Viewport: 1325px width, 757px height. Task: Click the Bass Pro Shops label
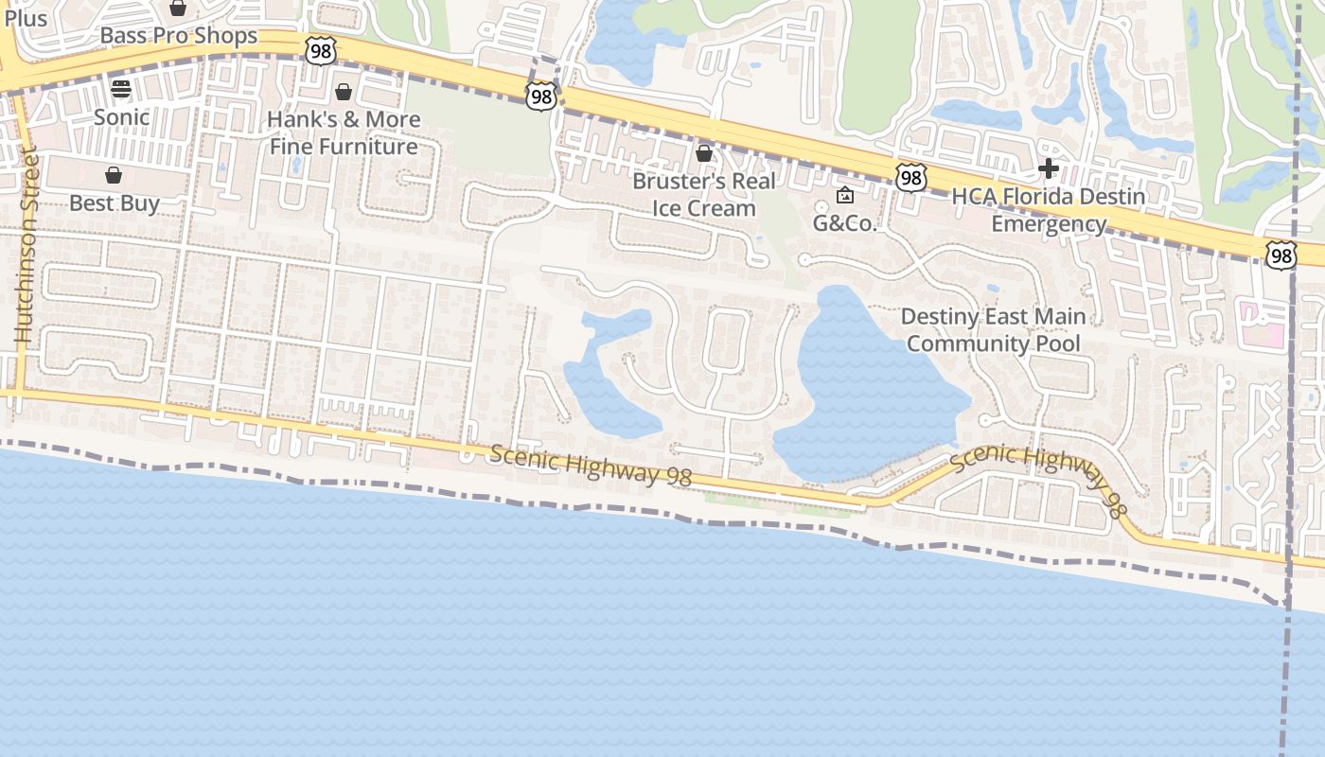click(x=178, y=36)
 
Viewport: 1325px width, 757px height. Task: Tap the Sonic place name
click(x=121, y=117)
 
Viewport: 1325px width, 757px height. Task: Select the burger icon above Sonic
click(x=121, y=89)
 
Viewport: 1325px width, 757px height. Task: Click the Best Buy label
click(x=114, y=203)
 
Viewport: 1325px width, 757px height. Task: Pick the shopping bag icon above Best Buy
click(x=114, y=175)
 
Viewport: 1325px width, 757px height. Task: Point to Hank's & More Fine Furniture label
click(x=344, y=133)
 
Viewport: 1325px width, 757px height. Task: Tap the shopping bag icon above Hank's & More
click(x=344, y=92)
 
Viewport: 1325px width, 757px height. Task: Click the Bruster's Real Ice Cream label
click(x=704, y=195)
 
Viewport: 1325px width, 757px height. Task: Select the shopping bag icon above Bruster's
click(x=704, y=152)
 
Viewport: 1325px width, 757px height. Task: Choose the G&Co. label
click(x=845, y=224)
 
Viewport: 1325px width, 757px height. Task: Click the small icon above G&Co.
click(x=845, y=196)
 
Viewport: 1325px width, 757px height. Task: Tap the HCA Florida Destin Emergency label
click(x=1048, y=210)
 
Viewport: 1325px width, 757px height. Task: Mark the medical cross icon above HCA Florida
click(x=1048, y=169)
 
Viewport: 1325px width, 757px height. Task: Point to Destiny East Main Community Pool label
click(x=993, y=329)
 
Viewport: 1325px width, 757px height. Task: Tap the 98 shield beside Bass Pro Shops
click(x=321, y=51)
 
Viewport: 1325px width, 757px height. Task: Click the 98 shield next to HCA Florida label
click(x=910, y=177)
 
